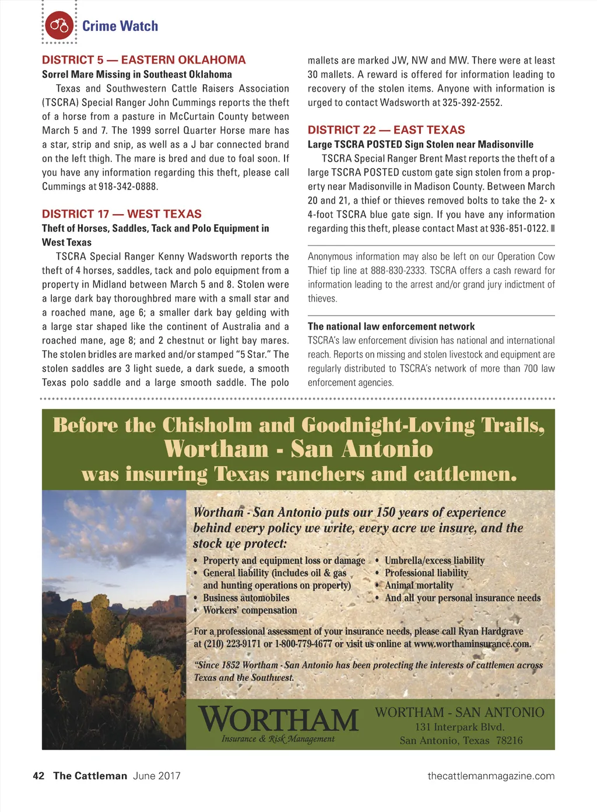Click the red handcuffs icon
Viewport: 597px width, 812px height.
pyautogui.click(x=59, y=26)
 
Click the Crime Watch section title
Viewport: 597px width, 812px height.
pyautogui.click(x=120, y=26)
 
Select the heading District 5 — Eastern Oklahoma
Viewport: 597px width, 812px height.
pyautogui.click(x=144, y=60)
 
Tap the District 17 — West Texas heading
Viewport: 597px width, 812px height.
pyautogui.click(x=122, y=214)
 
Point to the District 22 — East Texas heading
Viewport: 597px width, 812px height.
pyautogui.click(x=387, y=130)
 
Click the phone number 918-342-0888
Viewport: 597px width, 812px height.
pyautogui.click(x=128, y=187)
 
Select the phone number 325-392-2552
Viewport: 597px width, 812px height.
pyautogui.click(x=473, y=103)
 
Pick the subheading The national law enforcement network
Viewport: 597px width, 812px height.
pyautogui.click(x=391, y=327)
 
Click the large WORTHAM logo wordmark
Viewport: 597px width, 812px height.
pyautogui.click(x=278, y=719)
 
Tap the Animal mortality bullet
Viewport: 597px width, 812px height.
pyautogui.click(x=419, y=586)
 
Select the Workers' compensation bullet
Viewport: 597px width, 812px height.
pyautogui.click(x=250, y=611)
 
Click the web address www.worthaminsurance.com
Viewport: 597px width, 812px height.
pyautogui.click(x=472, y=645)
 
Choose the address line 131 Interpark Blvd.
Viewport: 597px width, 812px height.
pyautogui.click(x=460, y=727)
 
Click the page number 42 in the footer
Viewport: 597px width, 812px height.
pyautogui.click(x=38, y=776)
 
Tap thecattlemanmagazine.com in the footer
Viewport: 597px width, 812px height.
pyautogui.click(x=491, y=776)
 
